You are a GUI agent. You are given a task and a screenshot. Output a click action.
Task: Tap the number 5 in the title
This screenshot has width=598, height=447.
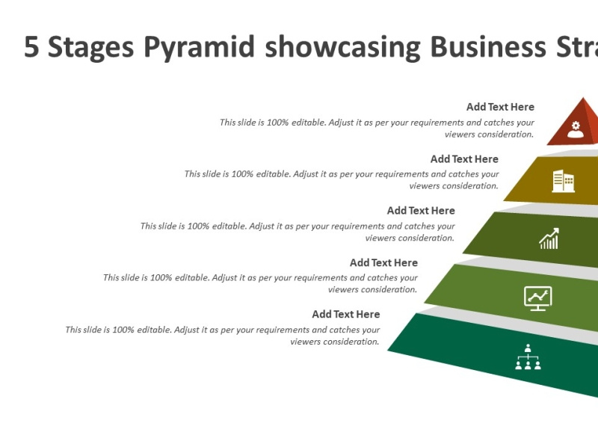tap(31, 47)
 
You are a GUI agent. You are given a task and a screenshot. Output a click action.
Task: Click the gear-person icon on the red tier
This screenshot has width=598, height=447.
tap(575, 128)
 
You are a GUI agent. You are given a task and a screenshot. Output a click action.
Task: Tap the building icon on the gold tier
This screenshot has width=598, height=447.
tap(563, 181)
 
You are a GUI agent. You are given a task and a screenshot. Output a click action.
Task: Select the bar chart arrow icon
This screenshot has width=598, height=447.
tap(549, 239)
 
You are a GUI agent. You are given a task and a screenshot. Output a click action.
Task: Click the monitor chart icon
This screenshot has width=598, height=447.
tap(537, 298)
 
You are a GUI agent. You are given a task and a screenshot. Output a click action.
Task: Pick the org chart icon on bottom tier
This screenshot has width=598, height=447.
tap(528, 357)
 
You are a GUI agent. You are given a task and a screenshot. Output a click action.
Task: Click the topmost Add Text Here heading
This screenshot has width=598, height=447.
tap(500, 107)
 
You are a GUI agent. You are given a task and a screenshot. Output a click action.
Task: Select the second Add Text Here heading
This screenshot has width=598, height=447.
tap(464, 158)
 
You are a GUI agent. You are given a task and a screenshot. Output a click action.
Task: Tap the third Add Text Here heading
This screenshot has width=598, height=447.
tap(421, 211)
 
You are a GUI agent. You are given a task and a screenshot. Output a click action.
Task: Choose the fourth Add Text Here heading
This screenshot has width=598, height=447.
tap(383, 262)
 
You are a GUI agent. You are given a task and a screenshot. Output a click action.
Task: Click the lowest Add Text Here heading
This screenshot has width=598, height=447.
tap(345, 314)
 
